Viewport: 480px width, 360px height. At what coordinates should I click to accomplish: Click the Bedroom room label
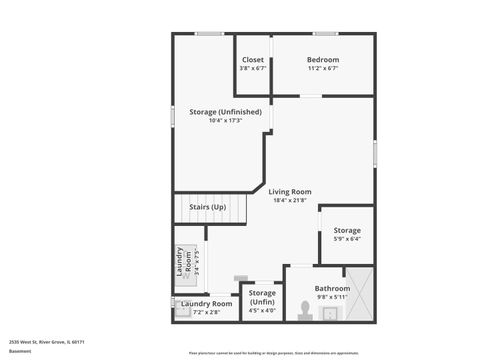click(x=322, y=60)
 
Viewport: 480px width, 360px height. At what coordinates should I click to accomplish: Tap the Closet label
click(x=253, y=60)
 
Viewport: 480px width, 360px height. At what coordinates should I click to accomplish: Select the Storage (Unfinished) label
click(x=225, y=112)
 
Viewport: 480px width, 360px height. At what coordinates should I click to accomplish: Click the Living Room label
click(x=290, y=191)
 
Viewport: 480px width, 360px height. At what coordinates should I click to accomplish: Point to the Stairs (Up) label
click(x=208, y=207)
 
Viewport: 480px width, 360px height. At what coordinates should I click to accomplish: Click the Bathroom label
click(x=332, y=288)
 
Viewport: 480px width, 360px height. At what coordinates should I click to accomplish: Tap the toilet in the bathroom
click(x=306, y=311)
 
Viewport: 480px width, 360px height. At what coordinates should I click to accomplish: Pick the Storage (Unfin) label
click(x=262, y=297)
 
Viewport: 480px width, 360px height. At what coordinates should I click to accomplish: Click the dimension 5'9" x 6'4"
click(x=347, y=239)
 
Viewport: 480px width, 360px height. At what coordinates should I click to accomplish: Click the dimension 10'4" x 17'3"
click(x=225, y=121)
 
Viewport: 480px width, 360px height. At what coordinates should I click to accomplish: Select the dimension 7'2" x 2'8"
click(x=207, y=312)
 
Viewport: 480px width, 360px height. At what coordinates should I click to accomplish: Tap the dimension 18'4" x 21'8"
click(x=290, y=201)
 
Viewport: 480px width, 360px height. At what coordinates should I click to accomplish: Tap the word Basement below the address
click(x=20, y=351)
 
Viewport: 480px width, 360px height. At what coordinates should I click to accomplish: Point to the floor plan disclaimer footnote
click(x=273, y=353)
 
